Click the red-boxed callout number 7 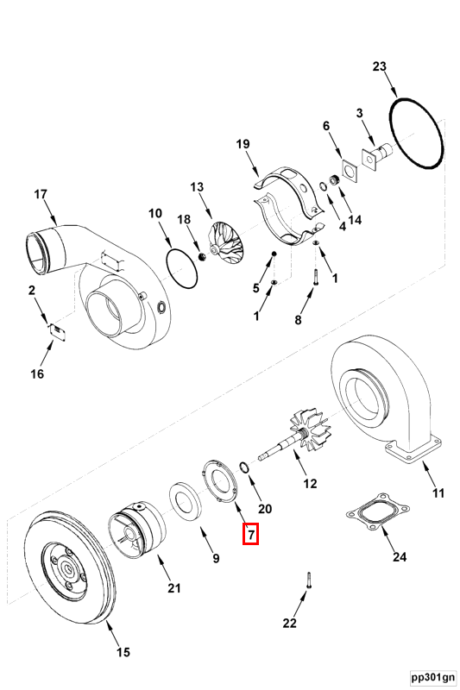click(x=250, y=534)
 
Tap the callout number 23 click(x=379, y=66)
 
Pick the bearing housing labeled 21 click(x=136, y=530)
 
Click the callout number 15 click(x=123, y=652)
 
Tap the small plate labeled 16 click(x=58, y=330)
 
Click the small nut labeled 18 click(x=203, y=256)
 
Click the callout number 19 click(x=243, y=144)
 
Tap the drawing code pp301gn click(x=433, y=676)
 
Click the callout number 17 click(x=40, y=194)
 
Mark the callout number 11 click(x=438, y=492)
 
